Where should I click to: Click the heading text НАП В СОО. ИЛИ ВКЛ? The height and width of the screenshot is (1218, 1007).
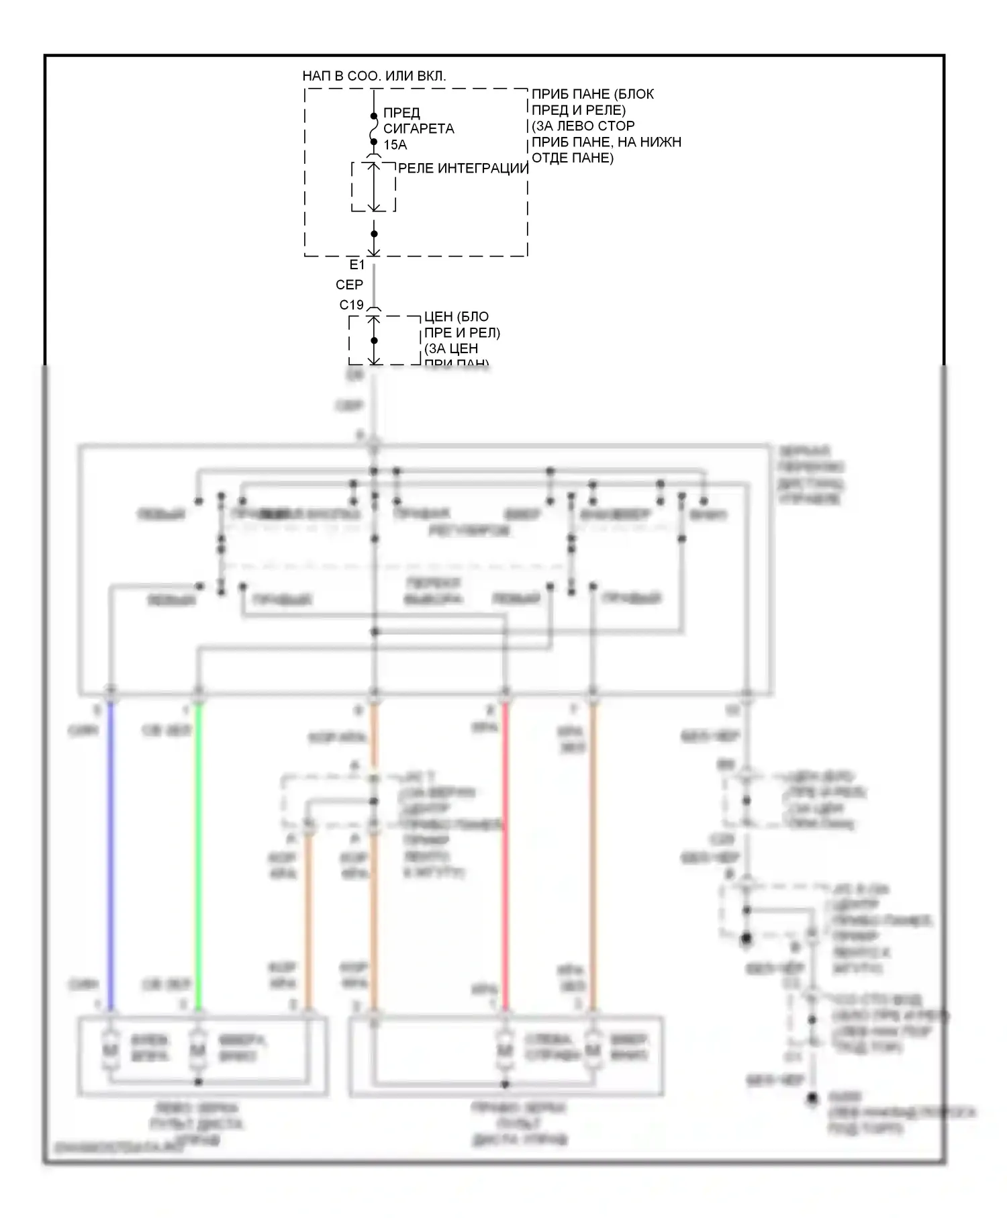(x=374, y=76)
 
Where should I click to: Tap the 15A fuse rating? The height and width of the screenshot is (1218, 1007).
(x=395, y=145)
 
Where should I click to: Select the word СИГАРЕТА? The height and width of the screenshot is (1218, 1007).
(x=418, y=129)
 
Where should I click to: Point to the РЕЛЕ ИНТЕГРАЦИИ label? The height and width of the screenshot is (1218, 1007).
(x=463, y=169)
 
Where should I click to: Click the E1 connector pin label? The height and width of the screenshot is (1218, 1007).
(x=356, y=265)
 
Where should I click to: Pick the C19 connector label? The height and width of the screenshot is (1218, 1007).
(x=351, y=305)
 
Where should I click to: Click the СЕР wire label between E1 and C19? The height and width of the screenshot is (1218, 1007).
(x=349, y=285)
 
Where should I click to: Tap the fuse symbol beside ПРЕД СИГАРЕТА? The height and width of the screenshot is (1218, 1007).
(x=374, y=129)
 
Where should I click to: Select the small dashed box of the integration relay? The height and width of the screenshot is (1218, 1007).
(x=373, y=187)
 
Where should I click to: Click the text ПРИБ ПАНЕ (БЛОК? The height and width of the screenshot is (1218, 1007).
(x=592, y=94)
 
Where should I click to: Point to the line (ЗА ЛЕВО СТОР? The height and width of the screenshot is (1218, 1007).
(x=583, y=126)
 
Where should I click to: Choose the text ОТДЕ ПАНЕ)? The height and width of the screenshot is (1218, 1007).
(x=572, y=158)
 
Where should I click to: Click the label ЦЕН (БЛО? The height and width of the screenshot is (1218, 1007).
(x=457, y=317)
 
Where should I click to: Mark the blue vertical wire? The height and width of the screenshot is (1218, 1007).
(x=111, y=853)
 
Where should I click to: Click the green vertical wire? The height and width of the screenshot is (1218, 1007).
(x=198, y=853)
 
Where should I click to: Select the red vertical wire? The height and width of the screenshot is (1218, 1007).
(x=506, y=853)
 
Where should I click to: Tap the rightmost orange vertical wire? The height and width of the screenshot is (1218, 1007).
(x=593, y=853)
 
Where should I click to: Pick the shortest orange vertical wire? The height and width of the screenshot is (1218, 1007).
(x=309, y=920)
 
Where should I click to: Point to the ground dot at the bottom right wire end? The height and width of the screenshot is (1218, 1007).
(x=812, y=1099)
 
